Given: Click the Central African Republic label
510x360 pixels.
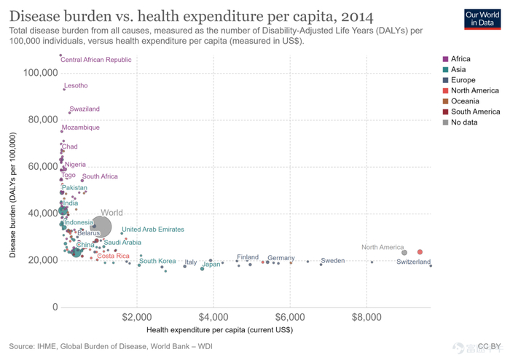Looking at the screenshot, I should click(x=96, y=60).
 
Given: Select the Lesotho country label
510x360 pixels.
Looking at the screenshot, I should click(x=76, y=86).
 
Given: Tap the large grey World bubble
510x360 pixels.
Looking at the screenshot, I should click(x=101, y=227).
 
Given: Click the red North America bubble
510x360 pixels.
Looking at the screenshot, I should click(x=420, y=252).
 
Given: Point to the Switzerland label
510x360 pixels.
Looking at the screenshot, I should click(x=414, y=262).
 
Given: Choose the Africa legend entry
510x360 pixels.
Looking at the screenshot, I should click(x=460, y=59).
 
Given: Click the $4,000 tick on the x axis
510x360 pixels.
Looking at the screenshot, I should click(x=213, y=318).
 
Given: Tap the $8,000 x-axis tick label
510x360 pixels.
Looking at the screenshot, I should click(x=366, y=318).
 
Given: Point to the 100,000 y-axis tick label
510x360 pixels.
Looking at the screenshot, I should click(x=40, y=73).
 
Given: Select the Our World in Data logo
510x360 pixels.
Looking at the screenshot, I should click(x=482, y=18).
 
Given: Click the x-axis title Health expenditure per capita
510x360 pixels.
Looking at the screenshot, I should click(x=220, y=330).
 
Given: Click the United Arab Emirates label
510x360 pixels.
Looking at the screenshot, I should click(x=153, y=230).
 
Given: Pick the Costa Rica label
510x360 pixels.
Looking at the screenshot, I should click(x=113, y=256).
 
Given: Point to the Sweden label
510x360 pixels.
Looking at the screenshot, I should click(x=333, y=261).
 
